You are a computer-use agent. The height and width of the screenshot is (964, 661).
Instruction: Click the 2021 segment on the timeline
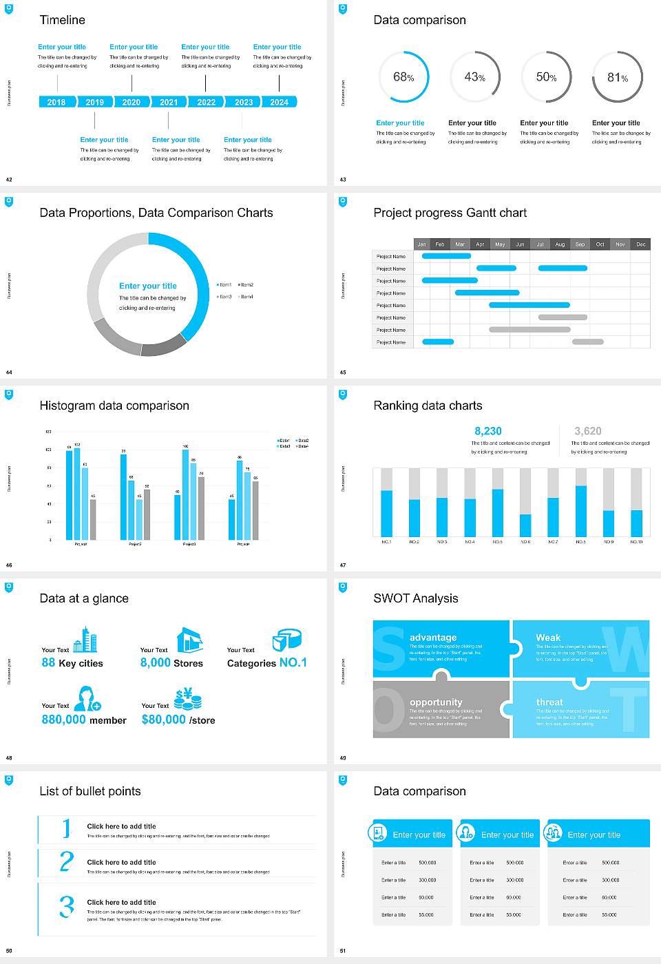point(169,102)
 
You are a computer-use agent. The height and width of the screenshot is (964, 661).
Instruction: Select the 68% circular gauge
point(403,77)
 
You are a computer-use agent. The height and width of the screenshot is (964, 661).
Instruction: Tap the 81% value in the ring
point(617,78)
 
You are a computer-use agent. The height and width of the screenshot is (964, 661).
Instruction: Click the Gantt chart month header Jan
point(421,244)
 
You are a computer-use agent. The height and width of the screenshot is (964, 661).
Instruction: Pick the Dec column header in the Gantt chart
point(640,244)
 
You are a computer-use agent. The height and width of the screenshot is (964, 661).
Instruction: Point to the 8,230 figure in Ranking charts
point(488,431)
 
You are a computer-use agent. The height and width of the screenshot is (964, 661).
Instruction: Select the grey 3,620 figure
point(587,431)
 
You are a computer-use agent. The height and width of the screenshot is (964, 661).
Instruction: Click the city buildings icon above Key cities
point(85,640)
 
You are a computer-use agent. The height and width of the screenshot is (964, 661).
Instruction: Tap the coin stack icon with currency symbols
point(187,699)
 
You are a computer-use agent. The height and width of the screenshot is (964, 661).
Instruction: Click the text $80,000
point(164,720)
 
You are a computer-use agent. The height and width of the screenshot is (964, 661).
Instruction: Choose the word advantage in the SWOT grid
point(432,638)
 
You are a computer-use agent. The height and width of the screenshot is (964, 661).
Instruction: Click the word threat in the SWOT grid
point(549,702)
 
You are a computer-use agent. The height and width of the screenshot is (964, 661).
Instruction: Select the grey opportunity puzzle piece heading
point(435,702)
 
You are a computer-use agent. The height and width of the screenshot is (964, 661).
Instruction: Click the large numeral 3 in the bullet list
point(66,906)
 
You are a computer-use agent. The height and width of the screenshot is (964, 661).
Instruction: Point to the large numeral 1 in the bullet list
point(66,828)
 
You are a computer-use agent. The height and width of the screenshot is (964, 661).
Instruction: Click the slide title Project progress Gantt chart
point(450,213)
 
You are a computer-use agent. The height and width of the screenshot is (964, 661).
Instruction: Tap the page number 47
point(343,565)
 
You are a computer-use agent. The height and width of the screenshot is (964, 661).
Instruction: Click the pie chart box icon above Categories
point(286,640)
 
